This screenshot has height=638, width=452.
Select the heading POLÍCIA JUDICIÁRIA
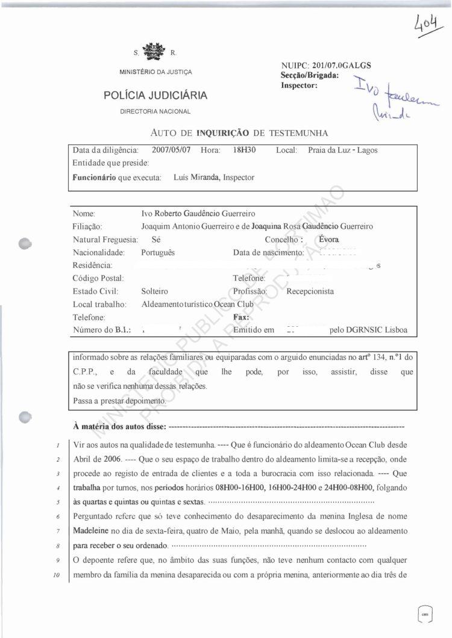155,95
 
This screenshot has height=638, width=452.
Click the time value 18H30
245,150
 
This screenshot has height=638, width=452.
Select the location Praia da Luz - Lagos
342,150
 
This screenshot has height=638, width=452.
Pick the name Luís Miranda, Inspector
213,178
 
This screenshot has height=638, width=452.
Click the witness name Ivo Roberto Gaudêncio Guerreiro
198,213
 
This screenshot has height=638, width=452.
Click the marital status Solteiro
155,291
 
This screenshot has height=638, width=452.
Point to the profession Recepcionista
310,291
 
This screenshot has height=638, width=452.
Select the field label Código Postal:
98,278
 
